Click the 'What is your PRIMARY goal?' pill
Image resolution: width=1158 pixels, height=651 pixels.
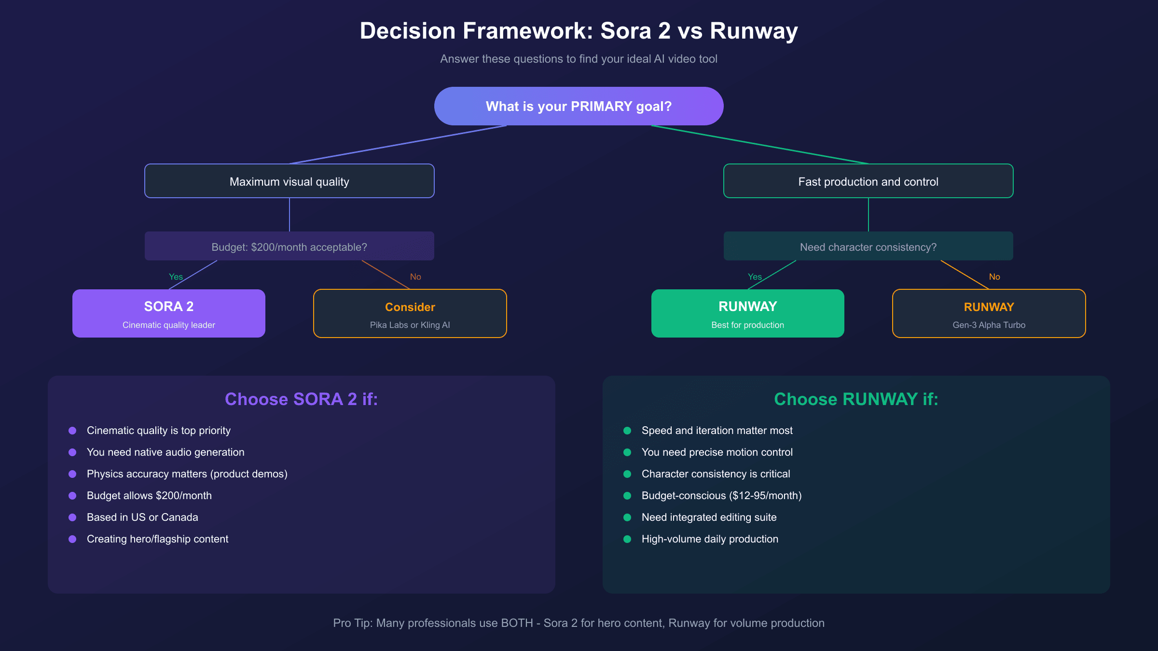click(x=579, y=106)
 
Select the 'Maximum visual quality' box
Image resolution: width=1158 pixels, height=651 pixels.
click(x=289, y=181)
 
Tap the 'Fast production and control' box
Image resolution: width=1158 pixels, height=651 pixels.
click(x=868, y=181)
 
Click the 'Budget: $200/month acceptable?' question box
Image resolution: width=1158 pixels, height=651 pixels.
click(x=289, y=246)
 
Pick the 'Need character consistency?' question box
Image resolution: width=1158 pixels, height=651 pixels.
click(x=868, y=246)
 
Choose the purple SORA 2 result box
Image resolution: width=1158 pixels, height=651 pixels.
click(x=168, y=313)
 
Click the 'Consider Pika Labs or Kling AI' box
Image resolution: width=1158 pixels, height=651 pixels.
click(x=410, y=313)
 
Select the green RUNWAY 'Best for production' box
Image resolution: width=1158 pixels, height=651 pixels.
click(x=747, y=313)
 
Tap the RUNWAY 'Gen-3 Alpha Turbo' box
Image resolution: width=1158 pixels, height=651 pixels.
click(x=989, y=313)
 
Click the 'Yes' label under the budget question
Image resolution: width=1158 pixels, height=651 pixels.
click(x=176, y=277)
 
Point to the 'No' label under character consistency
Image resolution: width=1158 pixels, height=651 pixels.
click(x=994, y=277)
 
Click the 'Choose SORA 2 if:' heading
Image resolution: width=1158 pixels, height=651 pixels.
click(x=301, y=399)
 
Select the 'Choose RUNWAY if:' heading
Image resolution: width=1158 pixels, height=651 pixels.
click(x=856, y=399)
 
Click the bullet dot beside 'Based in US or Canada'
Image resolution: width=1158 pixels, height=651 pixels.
click(x=72, y=517)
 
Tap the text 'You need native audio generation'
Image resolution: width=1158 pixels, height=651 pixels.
click(x=165, y=452)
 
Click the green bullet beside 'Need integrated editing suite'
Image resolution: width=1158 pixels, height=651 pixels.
click(x=627, y=517)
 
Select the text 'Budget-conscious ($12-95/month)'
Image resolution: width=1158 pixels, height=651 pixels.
click(x=721, y=496)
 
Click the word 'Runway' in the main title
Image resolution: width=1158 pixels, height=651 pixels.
click(x=753, y=31)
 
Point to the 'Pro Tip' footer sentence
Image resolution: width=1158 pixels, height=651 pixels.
click(x=579, y=623)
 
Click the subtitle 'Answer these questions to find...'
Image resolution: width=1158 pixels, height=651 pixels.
click(x=579, y=59)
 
